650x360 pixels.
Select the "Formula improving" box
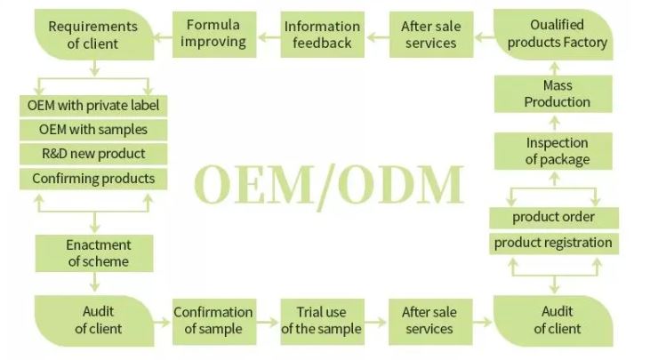pyautogui.click(x=214, y=34)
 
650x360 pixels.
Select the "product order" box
pyautogui.click(x=553, y=217)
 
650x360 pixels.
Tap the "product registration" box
pyautogui.click(x=553, y=243)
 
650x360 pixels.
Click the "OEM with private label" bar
pyautogui.click(x=93, y=106)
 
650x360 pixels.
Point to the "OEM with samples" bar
pyautogui.click(x=93, y=130)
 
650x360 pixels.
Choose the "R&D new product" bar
pyautogui.click(x=93, y=154)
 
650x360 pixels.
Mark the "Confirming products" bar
pyautogui.click(x=93, y=178)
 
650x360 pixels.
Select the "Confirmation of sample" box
pyautogui.click(x=213, y=320)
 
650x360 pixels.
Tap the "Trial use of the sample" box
pyautogui.click(x=321, y=320)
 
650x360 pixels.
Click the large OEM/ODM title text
pyautogui.click(x=329, y=185)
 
